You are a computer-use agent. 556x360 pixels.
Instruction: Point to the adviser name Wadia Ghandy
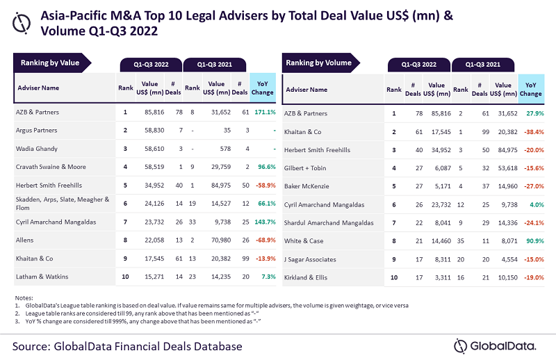click(x=37, y=149)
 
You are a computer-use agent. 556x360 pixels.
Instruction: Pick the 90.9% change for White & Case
click(x=530, y=241)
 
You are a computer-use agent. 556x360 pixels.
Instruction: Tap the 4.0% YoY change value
click(x=532, y=204)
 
